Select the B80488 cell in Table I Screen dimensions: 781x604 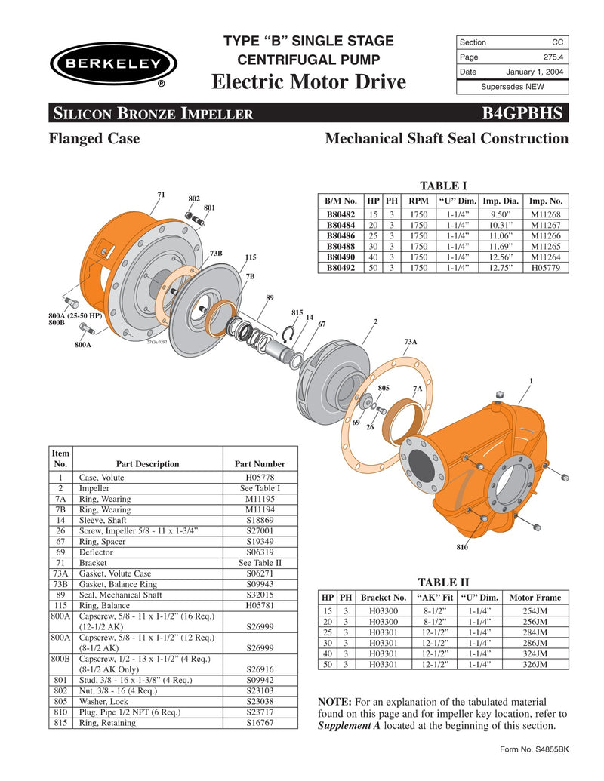point(341,246)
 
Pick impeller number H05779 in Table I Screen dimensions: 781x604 point(546,267)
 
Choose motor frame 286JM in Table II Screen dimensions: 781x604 point(537,644)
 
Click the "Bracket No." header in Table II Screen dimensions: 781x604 point(384,597)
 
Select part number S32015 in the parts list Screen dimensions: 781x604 point(260,595)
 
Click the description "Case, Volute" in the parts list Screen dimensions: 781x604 point(103,478)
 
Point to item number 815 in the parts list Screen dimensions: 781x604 point(60,723)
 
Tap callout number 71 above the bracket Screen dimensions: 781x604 point(161,195)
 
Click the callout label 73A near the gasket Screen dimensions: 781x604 point(411,342)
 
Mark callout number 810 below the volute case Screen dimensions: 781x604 point(461,546)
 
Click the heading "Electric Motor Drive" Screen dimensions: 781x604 point(309,81)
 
